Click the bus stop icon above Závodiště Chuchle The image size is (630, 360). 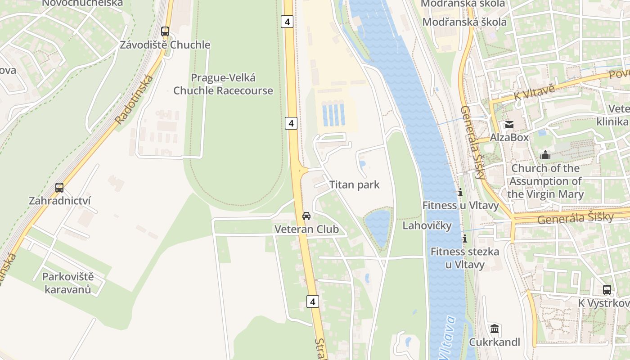click(165, 31)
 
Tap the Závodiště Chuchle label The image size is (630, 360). click(165, 45)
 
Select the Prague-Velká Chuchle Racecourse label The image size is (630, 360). click(223, 84)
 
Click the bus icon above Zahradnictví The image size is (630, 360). click(59, 188)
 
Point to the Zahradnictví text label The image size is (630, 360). click(59, 201)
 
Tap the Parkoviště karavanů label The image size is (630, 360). click(67, 283)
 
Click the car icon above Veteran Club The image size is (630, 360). click(306, 216)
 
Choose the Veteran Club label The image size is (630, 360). click(306, 229)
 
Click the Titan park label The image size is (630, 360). click(354, 184)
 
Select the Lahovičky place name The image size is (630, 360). click(427, 225)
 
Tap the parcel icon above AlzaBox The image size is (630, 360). click(509, 125)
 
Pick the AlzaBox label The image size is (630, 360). click(509, 137)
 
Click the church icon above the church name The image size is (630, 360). click(545, 155)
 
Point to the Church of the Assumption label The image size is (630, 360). click(545, 181)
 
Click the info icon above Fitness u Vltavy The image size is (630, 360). click(460, 193)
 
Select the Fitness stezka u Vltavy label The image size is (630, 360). click(465, 258)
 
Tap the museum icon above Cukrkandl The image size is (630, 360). click(495, 329)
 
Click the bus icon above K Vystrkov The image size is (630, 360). click(607, 290)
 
